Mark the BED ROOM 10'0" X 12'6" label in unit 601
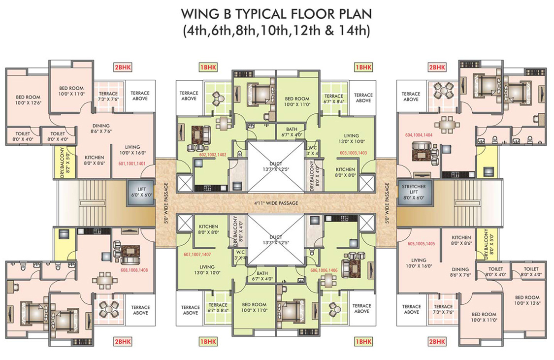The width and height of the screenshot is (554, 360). tap(27, 100)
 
